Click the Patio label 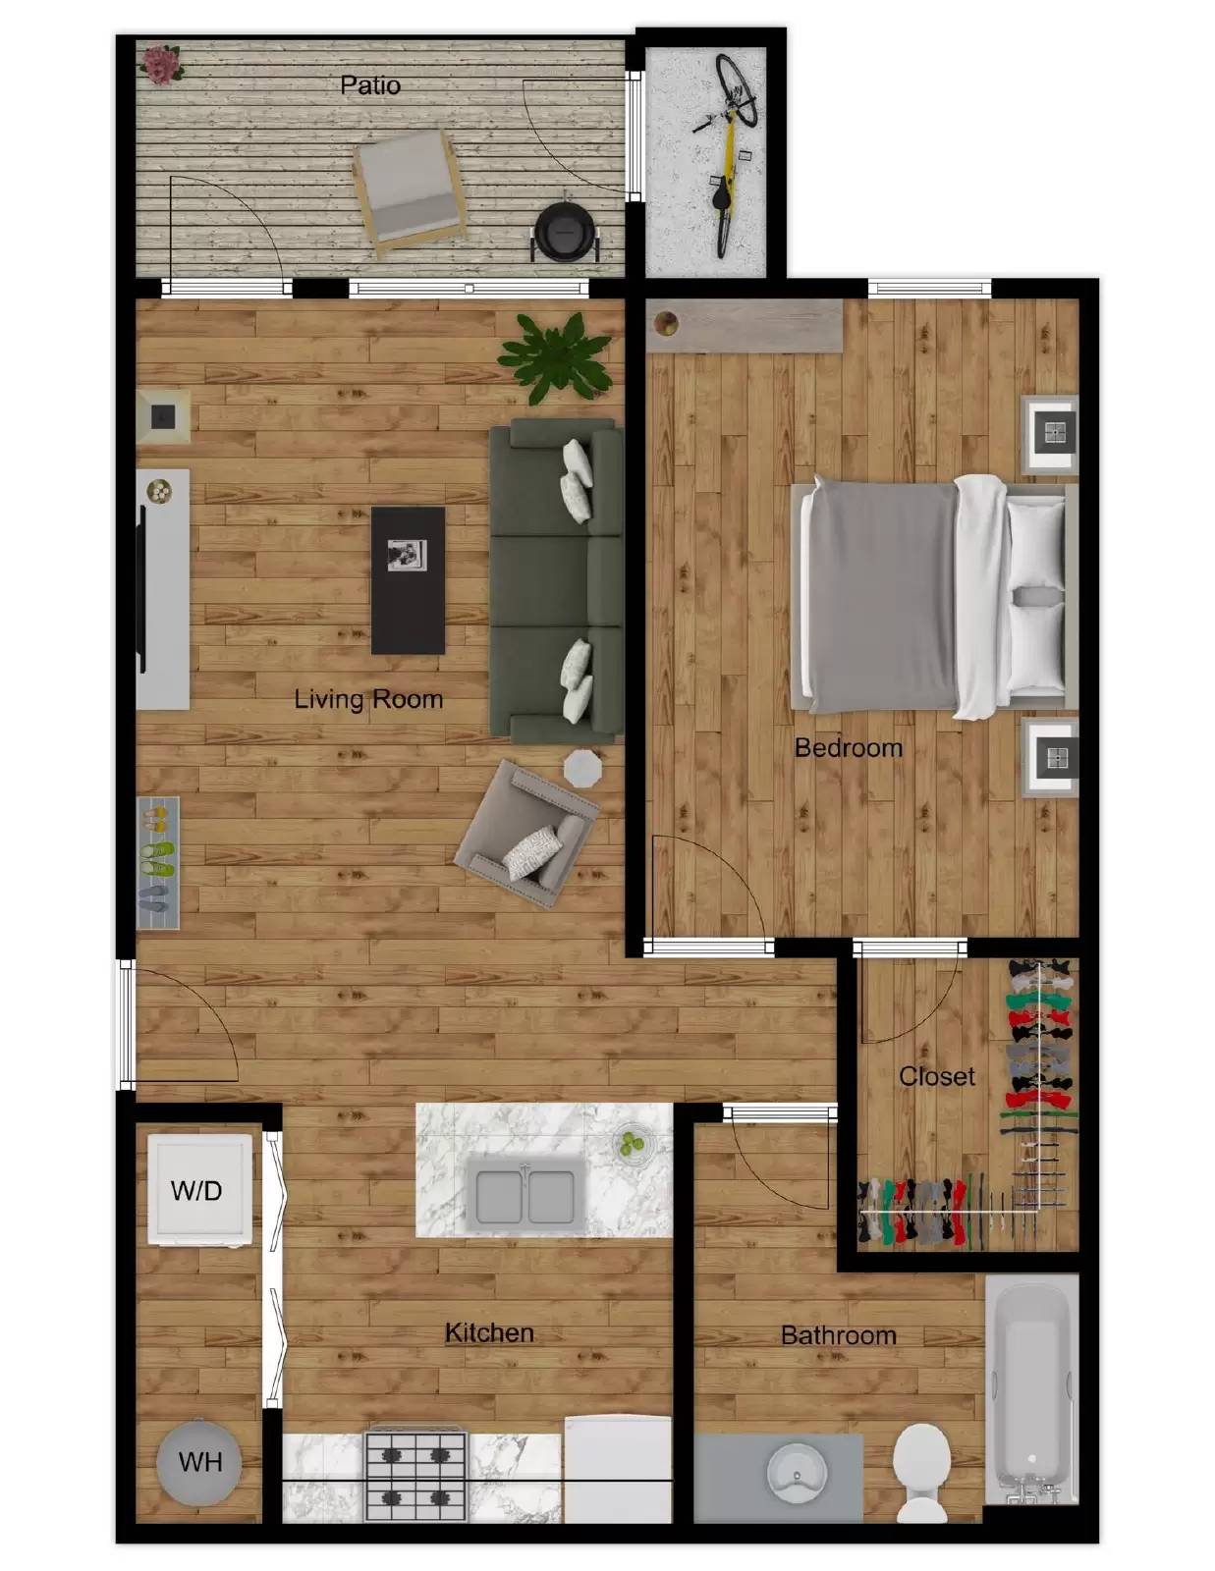(370, 85)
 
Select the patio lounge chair (408, 189)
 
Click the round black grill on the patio (565, 233)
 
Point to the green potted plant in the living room (554, 355)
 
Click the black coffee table (408, 579)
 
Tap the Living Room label (368, 699)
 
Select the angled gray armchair (527, 833)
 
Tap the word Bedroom (848, 748)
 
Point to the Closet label (936, 1076)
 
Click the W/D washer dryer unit (199, 1190)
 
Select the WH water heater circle (199, 1462)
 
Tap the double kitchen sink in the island (525, 1194)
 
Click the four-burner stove (415, 1476)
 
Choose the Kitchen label (489, 1332)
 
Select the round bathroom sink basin (797, 1471)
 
